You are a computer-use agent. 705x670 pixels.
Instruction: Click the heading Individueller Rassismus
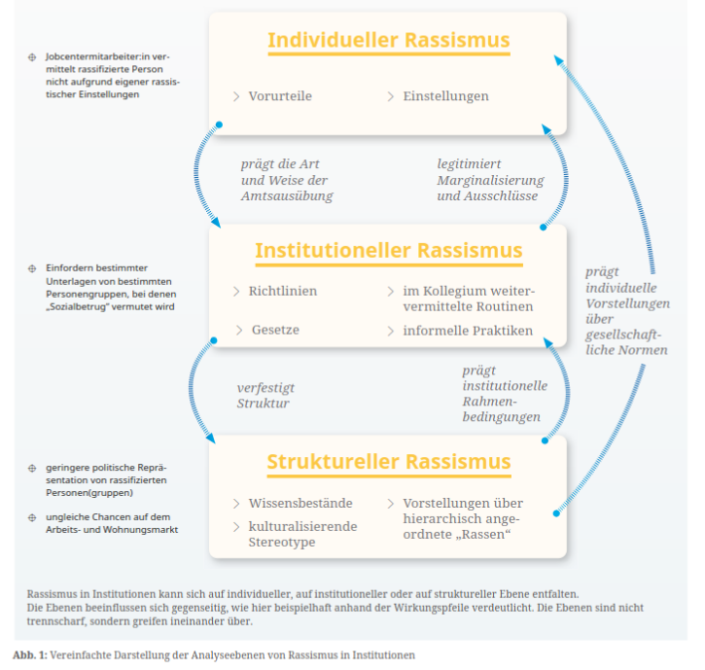[x=388, y=41]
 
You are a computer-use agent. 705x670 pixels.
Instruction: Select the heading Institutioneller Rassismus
[x=388, y=251]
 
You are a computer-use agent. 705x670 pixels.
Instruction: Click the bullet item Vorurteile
[x=279, y=96]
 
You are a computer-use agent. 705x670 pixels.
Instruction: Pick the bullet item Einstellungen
[x=445, y=96]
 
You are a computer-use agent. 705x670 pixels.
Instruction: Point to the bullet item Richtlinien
[x=282, y=291]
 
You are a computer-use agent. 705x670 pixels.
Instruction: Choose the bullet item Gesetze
[x=274, y=331]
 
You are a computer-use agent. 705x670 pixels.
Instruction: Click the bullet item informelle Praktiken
[x=468, y=331]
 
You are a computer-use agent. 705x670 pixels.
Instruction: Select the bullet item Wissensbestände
[x=300, y=503]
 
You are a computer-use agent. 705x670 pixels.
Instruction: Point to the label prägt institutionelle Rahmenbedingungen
[x=504, y=394]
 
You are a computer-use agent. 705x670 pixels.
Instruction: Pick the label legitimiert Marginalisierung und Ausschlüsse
[x=490, y=180]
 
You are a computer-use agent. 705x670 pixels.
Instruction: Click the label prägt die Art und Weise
[x=286, y=180]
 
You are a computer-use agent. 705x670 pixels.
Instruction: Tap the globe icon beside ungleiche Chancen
[x=33, y=517]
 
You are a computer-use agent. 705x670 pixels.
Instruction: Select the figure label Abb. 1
[x=28, y=655]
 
